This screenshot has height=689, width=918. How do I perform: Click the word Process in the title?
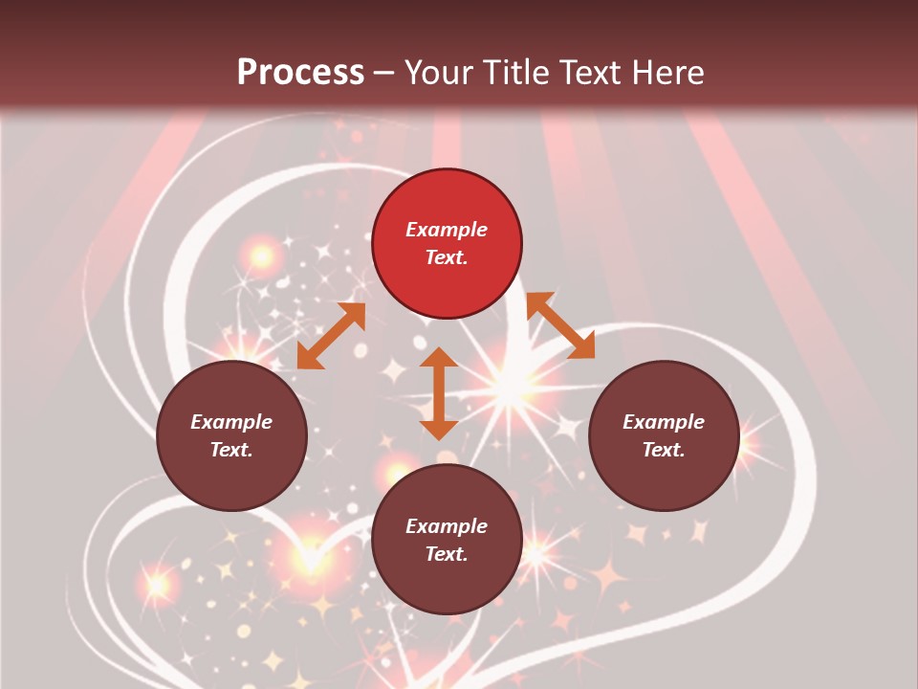(300, 73)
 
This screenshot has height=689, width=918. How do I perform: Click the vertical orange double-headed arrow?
(439, 393)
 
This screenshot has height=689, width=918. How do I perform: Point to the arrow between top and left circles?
(331, 336)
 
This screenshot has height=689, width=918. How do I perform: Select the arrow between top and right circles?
(560, 325)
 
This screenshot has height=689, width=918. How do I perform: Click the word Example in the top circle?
(447, 230)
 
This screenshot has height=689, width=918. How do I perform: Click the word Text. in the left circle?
(231, 450)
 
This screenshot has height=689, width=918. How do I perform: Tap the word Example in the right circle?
(664, 422)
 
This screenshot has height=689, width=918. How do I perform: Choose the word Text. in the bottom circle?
(447, 554)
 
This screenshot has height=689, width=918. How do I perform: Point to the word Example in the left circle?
(231, 422)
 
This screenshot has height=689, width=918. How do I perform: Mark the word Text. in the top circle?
(447, 257)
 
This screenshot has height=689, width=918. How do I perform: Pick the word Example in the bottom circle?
(447, 526)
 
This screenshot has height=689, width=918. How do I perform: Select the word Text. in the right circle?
(664, 450)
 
